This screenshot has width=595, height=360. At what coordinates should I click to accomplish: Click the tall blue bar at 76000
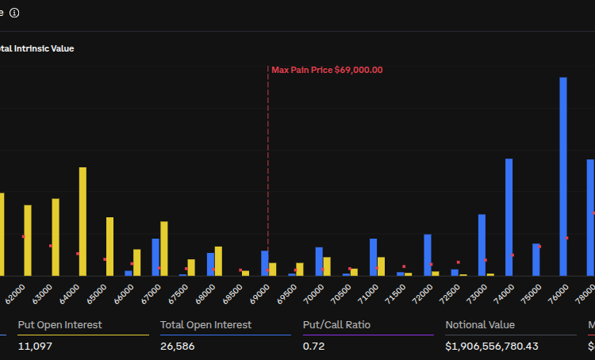563,176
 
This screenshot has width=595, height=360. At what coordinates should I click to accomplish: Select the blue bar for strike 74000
509,216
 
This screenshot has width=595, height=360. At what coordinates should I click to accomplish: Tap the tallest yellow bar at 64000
83,221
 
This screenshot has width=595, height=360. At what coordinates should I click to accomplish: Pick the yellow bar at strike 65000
109,246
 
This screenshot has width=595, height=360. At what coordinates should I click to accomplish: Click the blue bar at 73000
482,244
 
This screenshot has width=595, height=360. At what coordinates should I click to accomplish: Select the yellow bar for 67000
164,248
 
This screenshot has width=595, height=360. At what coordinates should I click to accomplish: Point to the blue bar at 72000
428,255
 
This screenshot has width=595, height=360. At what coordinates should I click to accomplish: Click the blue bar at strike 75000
536,259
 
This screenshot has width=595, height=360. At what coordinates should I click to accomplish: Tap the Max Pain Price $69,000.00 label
327,70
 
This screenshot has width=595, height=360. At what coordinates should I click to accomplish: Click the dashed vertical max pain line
268,159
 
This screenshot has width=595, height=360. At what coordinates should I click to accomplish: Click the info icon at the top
14,13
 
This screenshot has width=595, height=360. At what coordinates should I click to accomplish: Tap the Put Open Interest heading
59,324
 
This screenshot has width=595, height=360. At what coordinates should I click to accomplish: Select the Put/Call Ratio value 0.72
313,347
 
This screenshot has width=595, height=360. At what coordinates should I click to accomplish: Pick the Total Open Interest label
205,324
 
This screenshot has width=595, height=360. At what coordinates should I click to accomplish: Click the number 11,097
34,347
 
